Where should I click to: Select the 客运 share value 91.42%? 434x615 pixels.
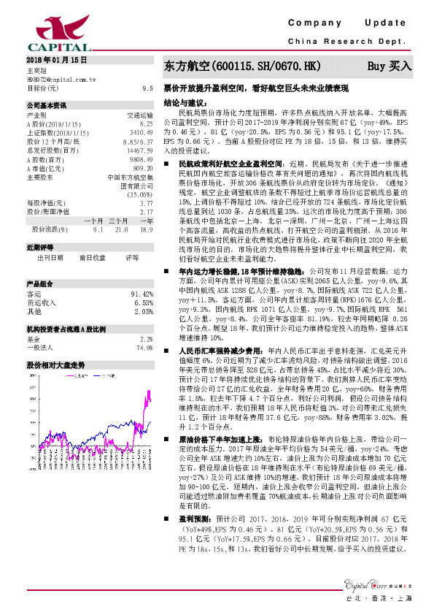click(x=141, y=294)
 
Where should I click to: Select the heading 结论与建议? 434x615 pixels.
click(x=183, y=102)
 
